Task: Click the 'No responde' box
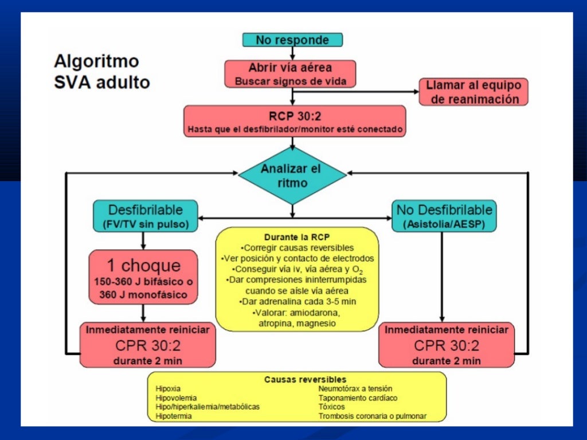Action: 292,40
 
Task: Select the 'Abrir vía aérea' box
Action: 290,74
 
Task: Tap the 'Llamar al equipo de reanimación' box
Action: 473,92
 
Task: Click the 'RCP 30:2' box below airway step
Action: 295,121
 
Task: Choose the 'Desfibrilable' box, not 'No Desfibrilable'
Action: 145,216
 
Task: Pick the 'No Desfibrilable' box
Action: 444,216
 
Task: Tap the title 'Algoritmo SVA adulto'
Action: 101,72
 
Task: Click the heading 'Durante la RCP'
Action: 297,237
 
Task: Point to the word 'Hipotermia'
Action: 174,416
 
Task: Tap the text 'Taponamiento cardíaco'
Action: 358,398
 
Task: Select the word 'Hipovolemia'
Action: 176,398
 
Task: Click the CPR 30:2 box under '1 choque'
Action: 147,345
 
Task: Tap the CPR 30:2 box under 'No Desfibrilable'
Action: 447,345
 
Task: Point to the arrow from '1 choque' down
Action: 143,313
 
